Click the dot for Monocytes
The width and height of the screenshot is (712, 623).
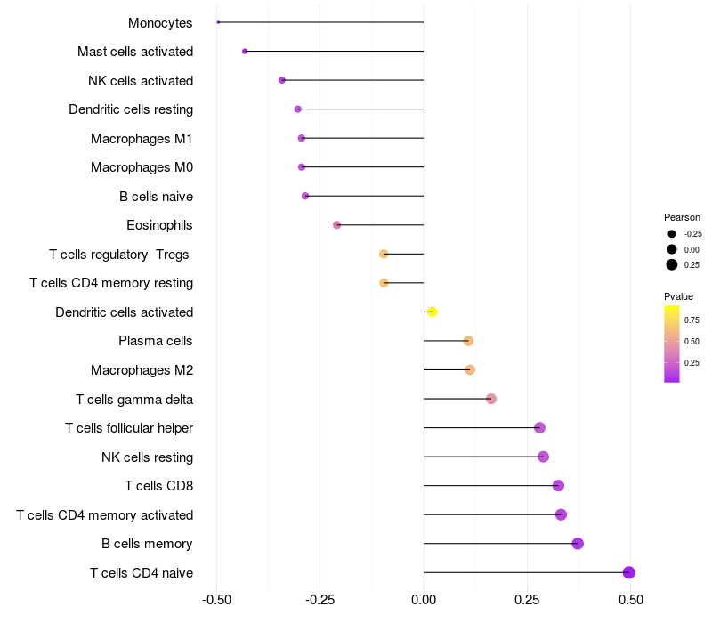(x=218, y=22)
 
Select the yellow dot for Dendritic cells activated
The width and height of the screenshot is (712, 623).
(x=433, y=311)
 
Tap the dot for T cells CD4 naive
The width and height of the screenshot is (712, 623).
(x=629, y=572)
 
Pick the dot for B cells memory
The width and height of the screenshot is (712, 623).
(x=578, y=543)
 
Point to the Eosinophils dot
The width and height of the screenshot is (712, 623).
(x=336, y=225)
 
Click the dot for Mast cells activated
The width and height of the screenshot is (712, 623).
(x=245, y=52)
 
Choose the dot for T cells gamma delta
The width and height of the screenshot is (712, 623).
(x=491, y=399)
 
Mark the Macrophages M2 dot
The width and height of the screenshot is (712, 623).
(x=470, y=369)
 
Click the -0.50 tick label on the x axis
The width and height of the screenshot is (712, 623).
(x=216, y=600)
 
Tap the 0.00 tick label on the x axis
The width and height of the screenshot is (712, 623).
(x=424, y=600)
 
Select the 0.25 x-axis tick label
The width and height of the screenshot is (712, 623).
(x=528, y=600)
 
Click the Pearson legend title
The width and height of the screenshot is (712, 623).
(x=682, y=217)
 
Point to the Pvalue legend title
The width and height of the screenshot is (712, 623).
(x=678, y=296)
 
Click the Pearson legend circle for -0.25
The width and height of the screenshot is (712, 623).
(x=671, y=234)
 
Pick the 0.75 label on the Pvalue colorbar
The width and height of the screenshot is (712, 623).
(x=692, y=320)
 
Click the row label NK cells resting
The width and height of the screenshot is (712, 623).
(x=148, y=457)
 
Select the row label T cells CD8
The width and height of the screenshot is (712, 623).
(x=158, y=486)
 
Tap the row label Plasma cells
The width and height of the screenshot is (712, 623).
(x=156, y=341)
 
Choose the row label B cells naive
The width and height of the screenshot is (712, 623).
(x=156, y=196)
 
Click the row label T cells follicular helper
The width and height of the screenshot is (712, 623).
(x=129, y=428)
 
